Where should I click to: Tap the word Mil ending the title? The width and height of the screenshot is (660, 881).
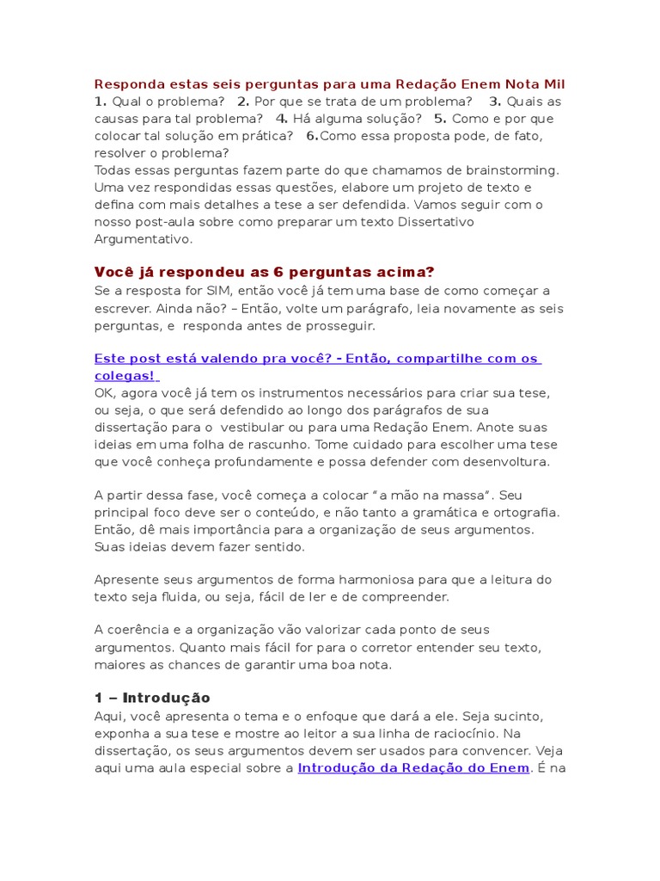click(554, 84)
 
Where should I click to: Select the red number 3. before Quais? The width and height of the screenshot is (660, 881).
click(495, 102)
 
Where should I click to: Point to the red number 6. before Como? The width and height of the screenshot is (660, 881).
click(313, 136)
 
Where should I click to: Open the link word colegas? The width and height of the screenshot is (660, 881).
click(125, 376)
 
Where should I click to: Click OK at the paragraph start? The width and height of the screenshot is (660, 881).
click(104, 393)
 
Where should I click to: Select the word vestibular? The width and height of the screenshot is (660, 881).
click(254, 428)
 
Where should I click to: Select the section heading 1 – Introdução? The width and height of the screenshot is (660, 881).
click(152, 698)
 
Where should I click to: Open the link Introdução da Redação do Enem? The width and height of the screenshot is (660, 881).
click(413, 767)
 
